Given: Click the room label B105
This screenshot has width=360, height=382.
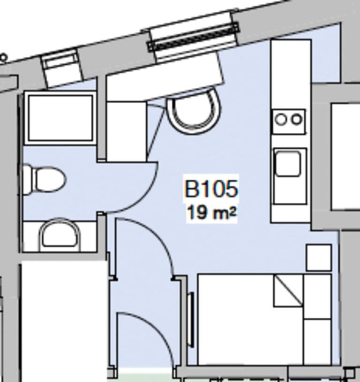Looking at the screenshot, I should click(x=211, y=189).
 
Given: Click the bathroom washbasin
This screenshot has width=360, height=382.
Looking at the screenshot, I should click(x=60, y=235).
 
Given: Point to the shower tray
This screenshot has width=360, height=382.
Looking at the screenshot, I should click(x=60, y=117).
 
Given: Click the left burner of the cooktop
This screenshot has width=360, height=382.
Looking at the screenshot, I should click(x=281, y=120).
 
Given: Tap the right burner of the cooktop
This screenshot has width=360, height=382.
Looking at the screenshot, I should click(x=297, y=120).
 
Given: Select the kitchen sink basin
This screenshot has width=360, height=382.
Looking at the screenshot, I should click(x=288, y=164).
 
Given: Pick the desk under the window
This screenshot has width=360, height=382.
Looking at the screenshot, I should click(x=164, y=77).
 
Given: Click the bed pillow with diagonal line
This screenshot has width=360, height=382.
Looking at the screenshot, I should click(x=288, y=290).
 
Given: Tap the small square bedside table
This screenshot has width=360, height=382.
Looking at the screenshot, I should click(x=319, y=257).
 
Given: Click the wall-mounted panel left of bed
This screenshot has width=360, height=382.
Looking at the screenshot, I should click(x=191, y=319).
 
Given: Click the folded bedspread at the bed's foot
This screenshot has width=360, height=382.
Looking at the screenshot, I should click(x=317, y=319).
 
